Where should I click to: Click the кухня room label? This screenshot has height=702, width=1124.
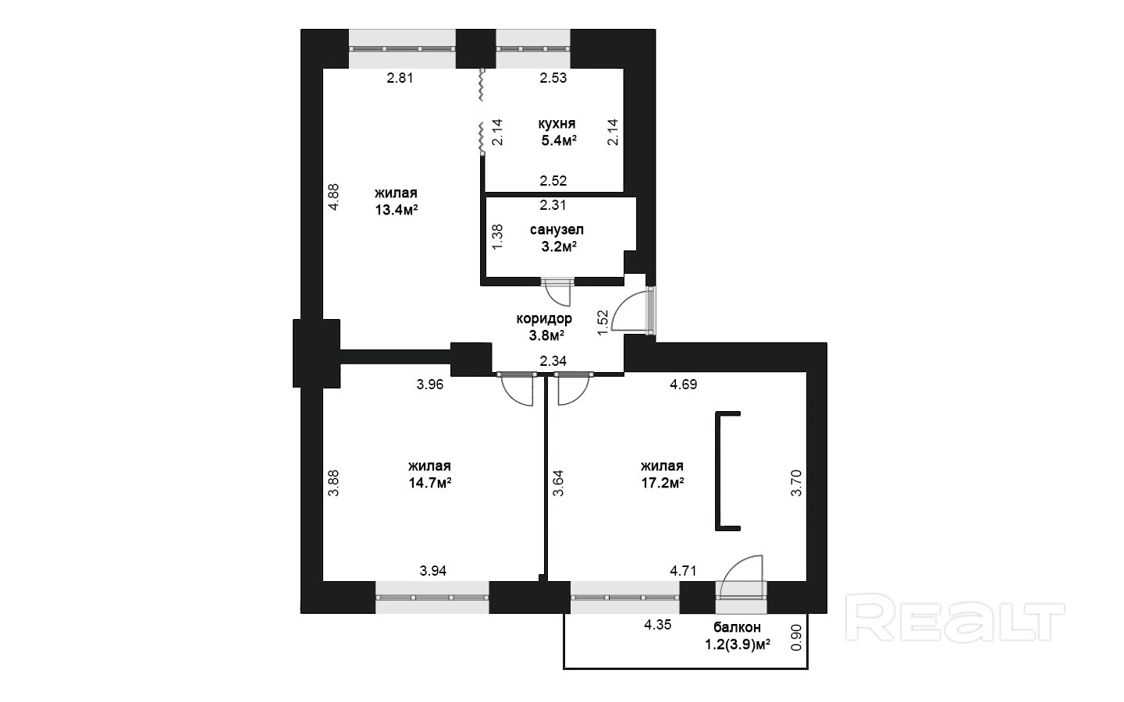[557, 123]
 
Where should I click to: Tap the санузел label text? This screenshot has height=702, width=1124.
[557, 230]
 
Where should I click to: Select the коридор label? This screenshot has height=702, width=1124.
[544, 318]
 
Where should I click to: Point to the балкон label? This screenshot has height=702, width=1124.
[737, 627]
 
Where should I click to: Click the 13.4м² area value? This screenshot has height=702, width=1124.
[397, 210]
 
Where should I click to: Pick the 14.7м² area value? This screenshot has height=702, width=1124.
[429, 483]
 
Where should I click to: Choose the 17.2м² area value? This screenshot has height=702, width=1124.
[663, 483]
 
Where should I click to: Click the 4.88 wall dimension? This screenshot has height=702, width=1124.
[334, 197]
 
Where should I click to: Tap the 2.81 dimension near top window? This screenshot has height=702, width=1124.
[400, 78]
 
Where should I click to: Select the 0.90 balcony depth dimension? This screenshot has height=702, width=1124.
[796, 637]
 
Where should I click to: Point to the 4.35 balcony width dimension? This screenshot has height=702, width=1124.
[658, 626]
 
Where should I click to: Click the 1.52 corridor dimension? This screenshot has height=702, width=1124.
[603, 322]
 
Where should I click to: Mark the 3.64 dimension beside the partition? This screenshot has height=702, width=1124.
[558, 483]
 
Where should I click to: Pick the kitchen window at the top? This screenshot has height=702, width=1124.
[533, 48]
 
